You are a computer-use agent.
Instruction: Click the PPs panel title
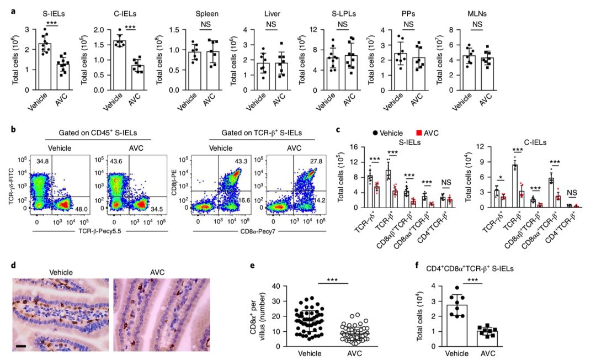408,11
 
